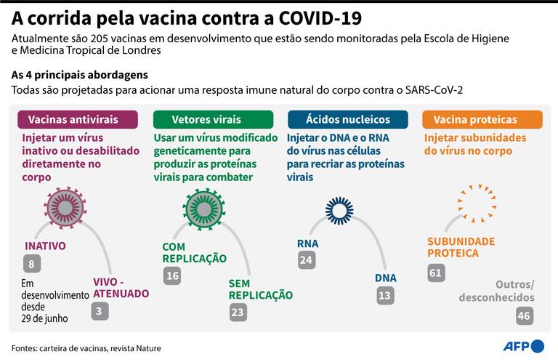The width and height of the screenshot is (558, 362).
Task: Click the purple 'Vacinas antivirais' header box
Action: [x=78, y=119]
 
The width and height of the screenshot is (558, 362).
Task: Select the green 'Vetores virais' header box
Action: [x=213, y=119]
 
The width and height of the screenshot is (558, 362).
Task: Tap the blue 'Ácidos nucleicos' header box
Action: [x=348, y=119]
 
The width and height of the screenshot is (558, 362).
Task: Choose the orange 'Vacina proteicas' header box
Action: [x=482, y=119]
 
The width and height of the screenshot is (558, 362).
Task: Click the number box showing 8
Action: [x=32, y=264]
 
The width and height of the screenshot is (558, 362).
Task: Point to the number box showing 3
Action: [x=100, y=311]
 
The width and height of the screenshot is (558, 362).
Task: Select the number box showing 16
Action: [x=172, y=275]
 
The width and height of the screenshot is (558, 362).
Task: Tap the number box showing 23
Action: [x=238, y=312]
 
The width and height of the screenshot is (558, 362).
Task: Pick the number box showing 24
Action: [x=307, y=260]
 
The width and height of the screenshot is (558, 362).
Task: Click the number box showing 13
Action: [x=385, y=295]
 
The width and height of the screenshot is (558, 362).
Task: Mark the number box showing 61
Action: [x=436, y=273]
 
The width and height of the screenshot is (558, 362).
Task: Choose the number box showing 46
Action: [x=525, y=315]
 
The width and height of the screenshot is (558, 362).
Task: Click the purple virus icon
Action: [x=65, y=207]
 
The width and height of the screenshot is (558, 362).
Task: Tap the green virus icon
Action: [x=204, y=209]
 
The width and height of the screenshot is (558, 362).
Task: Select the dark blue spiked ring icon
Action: [x=339, y=210]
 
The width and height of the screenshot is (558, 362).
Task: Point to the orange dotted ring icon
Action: [x=477, y=204]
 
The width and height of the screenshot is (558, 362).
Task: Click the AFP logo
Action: [x=523, y=346]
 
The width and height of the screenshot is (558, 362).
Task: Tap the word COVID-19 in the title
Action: [x=320, y=18]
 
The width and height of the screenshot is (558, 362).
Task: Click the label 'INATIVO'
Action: [x=45, y=246]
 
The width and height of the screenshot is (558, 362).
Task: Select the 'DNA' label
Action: [x=385, y=278]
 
